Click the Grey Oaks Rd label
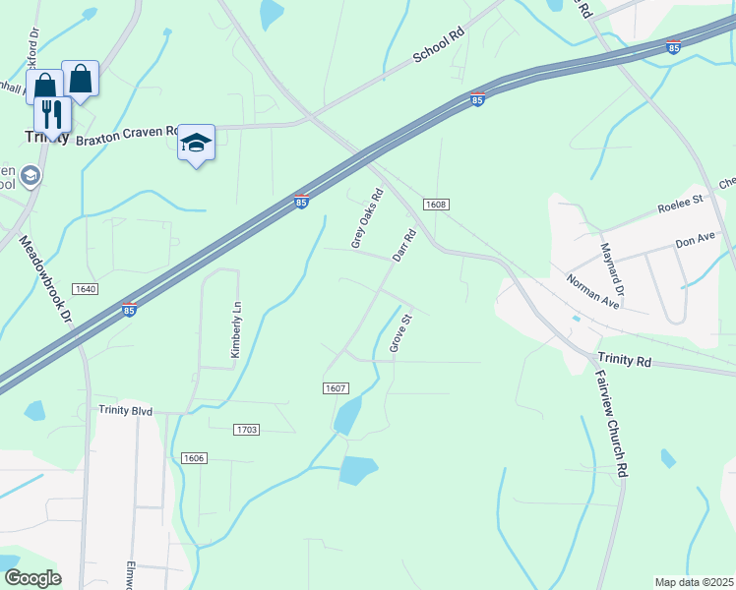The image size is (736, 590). pos(366,218)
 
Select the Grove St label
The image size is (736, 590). pos(399,333)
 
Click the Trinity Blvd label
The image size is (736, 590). pos(126,411)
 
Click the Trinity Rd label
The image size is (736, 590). pos(625,362)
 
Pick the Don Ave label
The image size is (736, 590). pos(695,240)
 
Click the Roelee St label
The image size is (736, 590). pos(681,208)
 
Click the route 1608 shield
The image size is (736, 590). pos(437,205)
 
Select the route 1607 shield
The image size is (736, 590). pos(336,388)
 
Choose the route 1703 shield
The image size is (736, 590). pos(247,430)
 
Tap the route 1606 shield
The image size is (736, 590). pos(194,458)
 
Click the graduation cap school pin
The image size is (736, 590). pos(196,144)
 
